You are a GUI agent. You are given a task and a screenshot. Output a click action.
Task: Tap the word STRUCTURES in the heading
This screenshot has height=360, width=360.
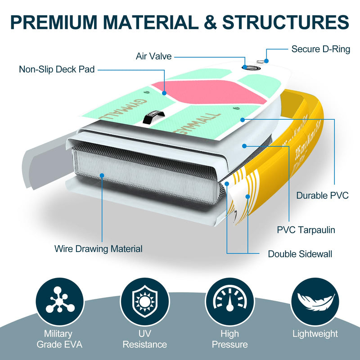(285, 22)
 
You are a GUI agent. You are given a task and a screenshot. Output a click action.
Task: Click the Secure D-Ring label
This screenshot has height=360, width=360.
(320, 49)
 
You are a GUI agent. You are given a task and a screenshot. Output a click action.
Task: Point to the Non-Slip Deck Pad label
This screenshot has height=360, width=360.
(57, 70)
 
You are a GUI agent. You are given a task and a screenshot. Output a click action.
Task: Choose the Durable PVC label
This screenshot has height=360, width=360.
(322, 195)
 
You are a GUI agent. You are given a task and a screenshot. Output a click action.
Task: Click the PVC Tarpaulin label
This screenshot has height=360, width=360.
(306, 230)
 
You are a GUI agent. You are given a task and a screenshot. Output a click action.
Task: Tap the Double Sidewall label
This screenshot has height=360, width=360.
(300, 254)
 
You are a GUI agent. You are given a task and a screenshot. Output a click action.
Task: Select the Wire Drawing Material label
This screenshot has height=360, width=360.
(98, 248)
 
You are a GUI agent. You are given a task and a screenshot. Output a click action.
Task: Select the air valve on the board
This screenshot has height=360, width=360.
(251, 68)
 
